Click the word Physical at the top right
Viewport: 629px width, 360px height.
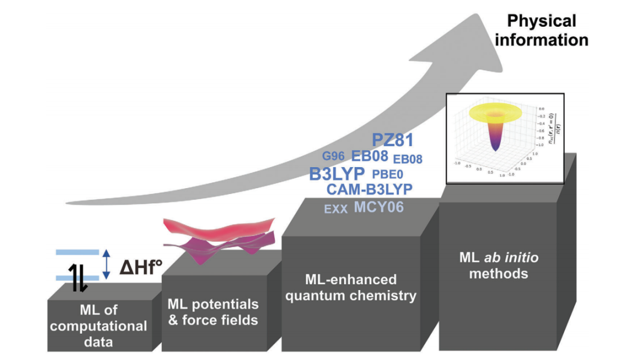(x=542, y=22)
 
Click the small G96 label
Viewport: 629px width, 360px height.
(x=334, y=156)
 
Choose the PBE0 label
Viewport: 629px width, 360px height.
(x=387, y=174)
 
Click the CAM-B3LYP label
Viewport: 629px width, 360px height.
(x=369, y=190)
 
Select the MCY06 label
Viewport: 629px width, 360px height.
(x=379, y=207)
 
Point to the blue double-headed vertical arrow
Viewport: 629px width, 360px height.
(x=106, y=264)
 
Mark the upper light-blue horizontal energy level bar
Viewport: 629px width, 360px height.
(x=77, y=252)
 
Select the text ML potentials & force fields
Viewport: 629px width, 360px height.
(x=213, y=312)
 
